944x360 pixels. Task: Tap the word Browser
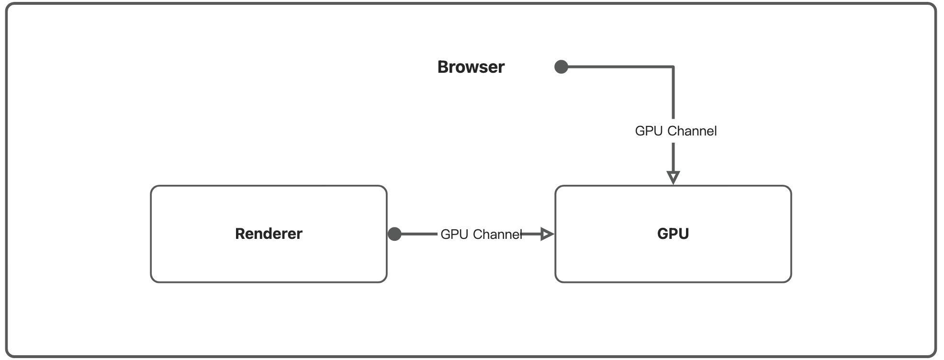[x=471, y=67]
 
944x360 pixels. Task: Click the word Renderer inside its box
[x=269, y=234]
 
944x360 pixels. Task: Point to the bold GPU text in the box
[x=673, y=234]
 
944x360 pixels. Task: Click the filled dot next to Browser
[x=561, y=67]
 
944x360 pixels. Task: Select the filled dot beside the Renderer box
[x=394, y=234]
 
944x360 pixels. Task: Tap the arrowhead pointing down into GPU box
[x=673, y=177]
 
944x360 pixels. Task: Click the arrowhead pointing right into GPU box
[x=547, y=234]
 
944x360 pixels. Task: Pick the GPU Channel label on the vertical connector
[x=675, y=131]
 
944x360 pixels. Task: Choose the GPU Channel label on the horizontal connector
[x=481, y=235]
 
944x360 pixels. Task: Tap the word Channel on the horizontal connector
[x=497, y=235]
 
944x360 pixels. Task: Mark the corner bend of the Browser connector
[x=673, y=67]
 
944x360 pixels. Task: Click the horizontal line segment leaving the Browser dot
[x=618, y=67]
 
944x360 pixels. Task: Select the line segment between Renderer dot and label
[x=419, y=234]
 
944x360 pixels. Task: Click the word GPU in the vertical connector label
[x=648, y=131]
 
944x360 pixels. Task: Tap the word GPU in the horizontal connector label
[x=454, y=235]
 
